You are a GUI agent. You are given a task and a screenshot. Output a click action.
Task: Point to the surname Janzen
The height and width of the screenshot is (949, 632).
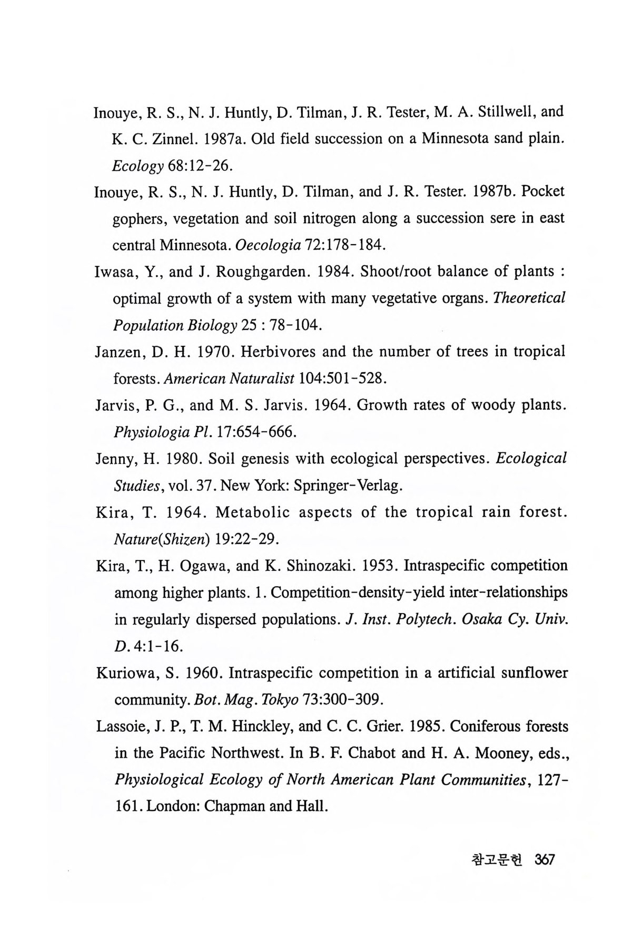121,352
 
